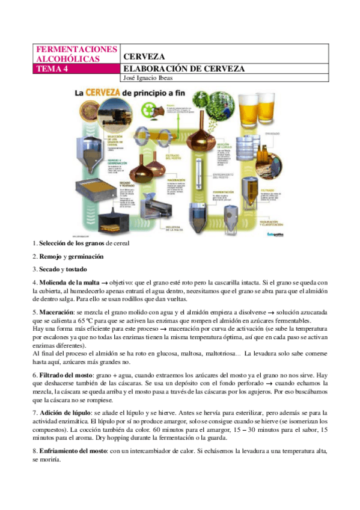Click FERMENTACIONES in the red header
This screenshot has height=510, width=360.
click(69, 48)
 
